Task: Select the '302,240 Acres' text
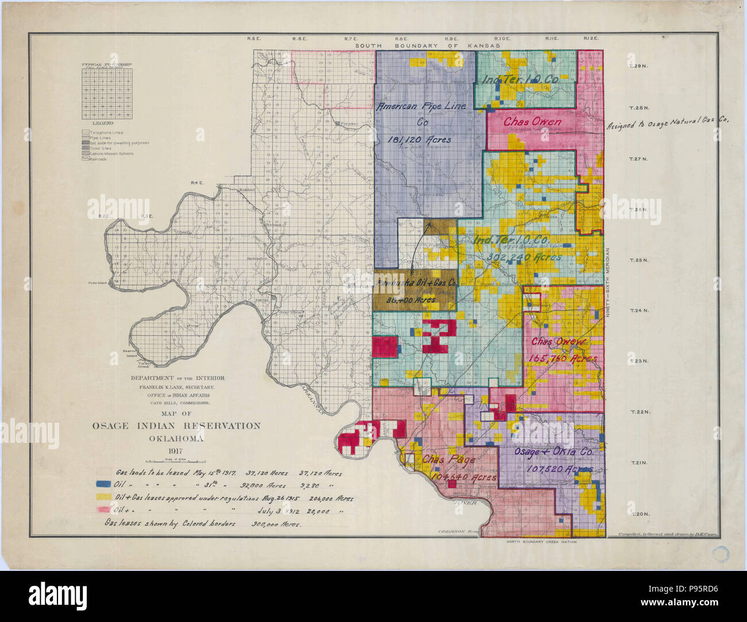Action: click(x=523, y=257)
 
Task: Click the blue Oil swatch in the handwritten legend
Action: click(x=103, y=485)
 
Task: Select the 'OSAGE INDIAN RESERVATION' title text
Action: click(x=176, y=426)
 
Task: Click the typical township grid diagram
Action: click(x=106, y=94)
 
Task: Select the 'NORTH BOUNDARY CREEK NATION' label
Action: click(x=541, y=542)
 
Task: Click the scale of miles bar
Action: click(x=176, y=461)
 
